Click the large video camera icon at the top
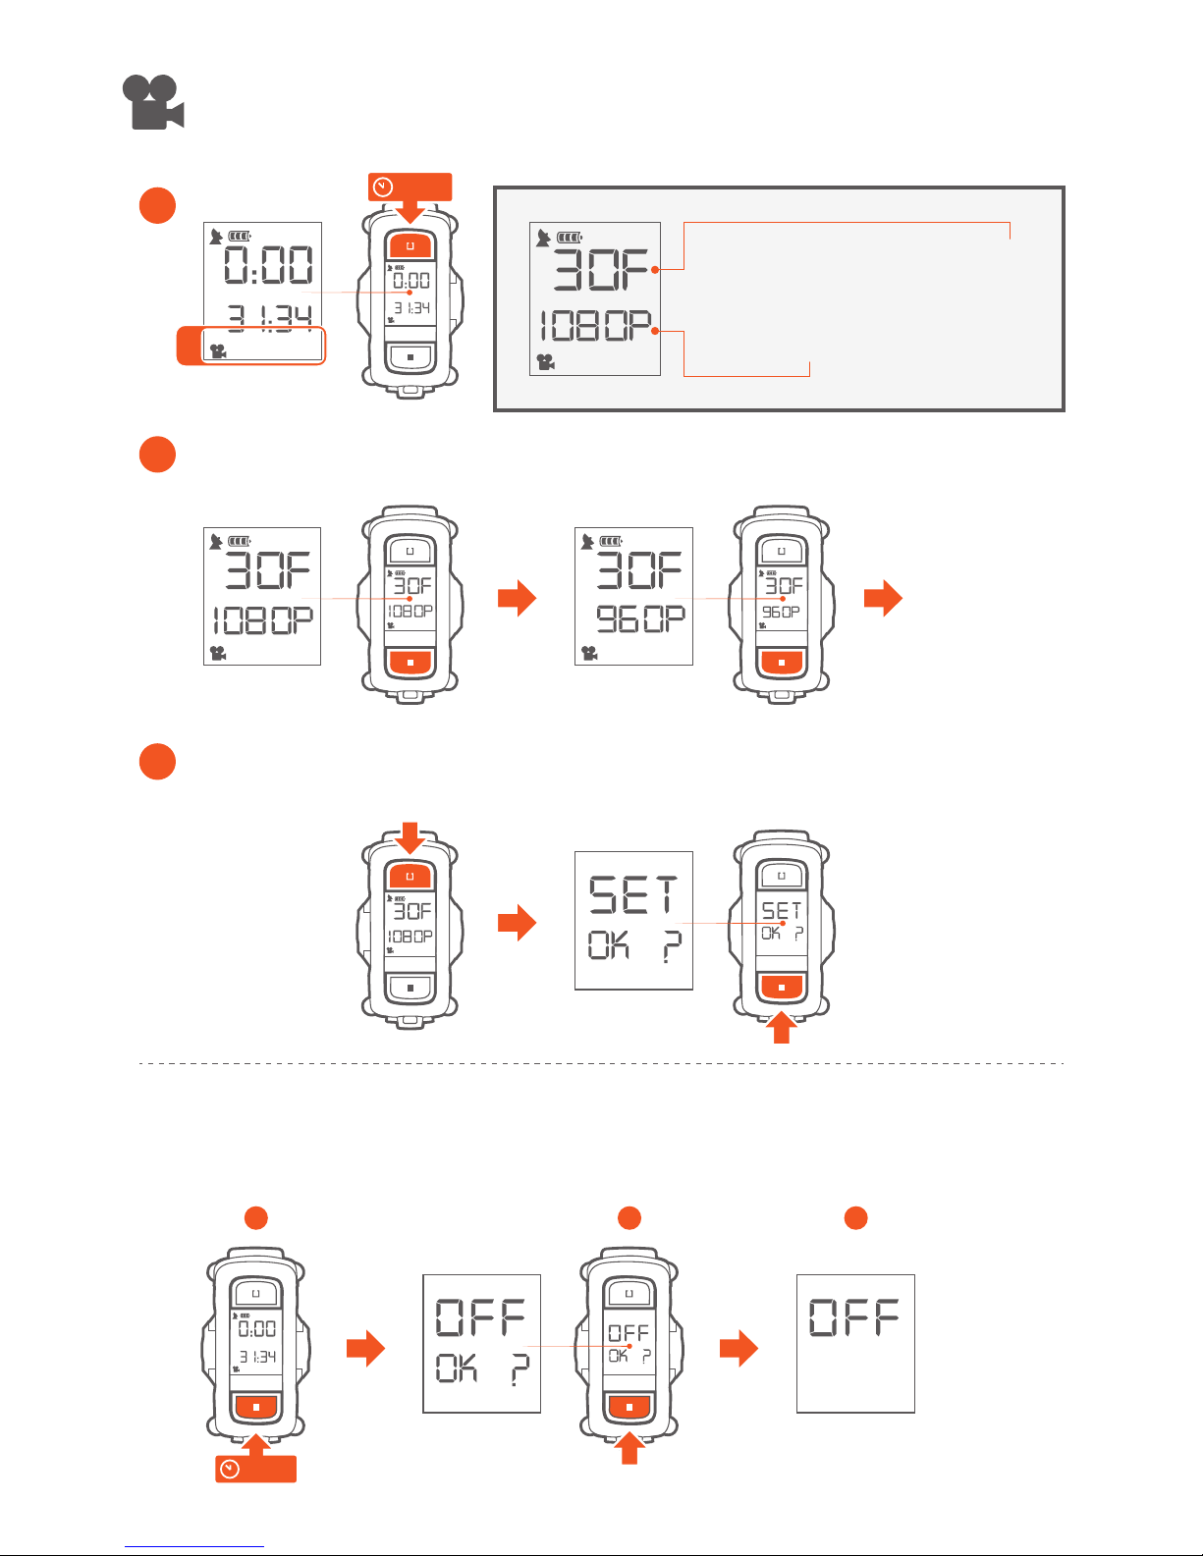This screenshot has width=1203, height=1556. click(153, 102)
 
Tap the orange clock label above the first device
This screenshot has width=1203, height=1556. click(410, 187)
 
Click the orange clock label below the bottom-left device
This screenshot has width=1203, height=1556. click(255, 1470)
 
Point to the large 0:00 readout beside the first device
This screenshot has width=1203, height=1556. click(267, 265)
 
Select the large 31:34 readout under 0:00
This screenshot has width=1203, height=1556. click(270, 316)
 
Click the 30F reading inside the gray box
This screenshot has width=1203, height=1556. click(602, 269)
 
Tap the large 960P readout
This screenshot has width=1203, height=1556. click(640, 618)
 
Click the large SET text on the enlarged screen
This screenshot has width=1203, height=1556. click(633, 895)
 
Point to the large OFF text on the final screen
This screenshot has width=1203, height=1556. click(854, 1317)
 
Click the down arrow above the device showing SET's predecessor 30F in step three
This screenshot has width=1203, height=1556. click(410, 839)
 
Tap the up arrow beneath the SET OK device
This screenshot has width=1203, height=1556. click(781, 1027)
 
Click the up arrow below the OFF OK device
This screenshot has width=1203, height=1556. click(629, 1449)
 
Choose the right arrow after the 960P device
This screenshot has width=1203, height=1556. click(883, 598)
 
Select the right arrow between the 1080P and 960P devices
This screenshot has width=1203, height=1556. click(517, 598)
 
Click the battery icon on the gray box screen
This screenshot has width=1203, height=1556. click(570, 237)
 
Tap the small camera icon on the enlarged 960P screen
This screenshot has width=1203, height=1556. click(589, 653)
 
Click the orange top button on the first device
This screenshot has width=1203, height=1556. click(410, 245)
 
